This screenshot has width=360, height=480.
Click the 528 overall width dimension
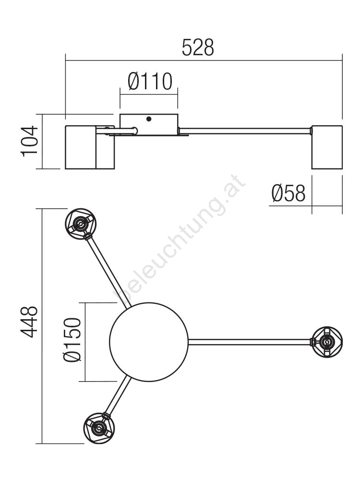coord(198,48)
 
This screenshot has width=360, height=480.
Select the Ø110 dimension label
coord(150,82)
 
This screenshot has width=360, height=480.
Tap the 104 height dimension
coord(30,141)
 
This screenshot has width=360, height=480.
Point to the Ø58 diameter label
coord(288,193)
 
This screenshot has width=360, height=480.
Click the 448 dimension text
coord(29,322)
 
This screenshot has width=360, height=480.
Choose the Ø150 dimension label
coord(72,340)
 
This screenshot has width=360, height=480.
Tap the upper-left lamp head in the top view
coord(81,224)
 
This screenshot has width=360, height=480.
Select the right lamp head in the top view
coord(327,342)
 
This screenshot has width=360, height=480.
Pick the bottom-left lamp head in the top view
coord(99,428)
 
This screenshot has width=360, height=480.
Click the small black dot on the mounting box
coord(149,119)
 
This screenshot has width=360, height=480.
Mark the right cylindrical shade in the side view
coord(327,147)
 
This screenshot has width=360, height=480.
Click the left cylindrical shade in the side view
coord(90,147)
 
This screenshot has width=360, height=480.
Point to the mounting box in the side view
coord(149,125)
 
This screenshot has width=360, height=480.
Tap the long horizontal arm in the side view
coord(245,131)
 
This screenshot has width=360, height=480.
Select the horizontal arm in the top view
coord(250,342)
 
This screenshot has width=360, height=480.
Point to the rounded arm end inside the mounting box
coord(135,131)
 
